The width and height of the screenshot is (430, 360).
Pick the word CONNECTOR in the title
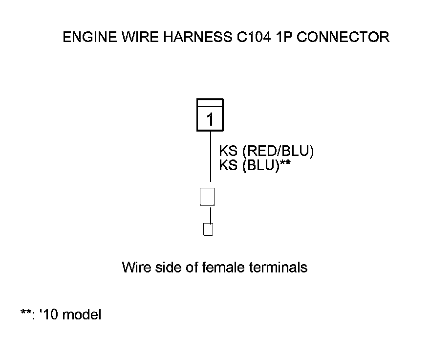[x=343, y=38]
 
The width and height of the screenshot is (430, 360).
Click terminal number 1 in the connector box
[x=210, y=119]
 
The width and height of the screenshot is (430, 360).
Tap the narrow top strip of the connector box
[x=210, y=102]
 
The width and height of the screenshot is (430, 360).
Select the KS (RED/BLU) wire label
[x=266, y=151]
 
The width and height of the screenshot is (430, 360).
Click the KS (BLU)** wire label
[x=255, y=165]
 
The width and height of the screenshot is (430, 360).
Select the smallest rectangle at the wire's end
[x=208, y=229]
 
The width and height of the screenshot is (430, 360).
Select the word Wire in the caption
[x=133, y=268]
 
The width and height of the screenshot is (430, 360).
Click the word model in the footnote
[x=83, y=315]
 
